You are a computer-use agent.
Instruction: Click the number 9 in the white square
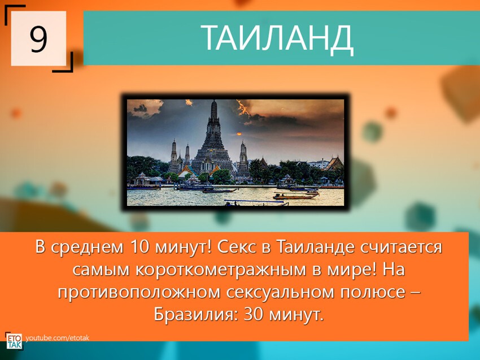click(38, 39)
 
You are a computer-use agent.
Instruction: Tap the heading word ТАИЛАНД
click(277, 38)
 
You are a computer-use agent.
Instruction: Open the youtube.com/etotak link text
click(58, 338)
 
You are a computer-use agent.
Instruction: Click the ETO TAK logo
click(14, 341)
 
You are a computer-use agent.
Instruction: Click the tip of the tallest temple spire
click(214, 102)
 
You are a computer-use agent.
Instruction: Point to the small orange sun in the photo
click(238, 134)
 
